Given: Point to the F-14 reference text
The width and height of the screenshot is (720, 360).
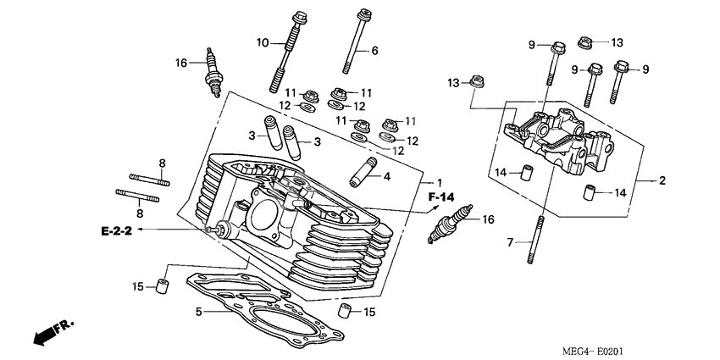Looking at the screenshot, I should tap(442, 197).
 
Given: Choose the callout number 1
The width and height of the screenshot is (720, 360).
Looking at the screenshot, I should tap(439, 183).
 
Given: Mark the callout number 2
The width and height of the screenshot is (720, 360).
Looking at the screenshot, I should tap(663, 180).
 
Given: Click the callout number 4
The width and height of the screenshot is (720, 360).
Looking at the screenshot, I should tap(386, 177).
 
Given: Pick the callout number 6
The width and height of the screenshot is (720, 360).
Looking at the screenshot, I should tap(374, 51).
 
